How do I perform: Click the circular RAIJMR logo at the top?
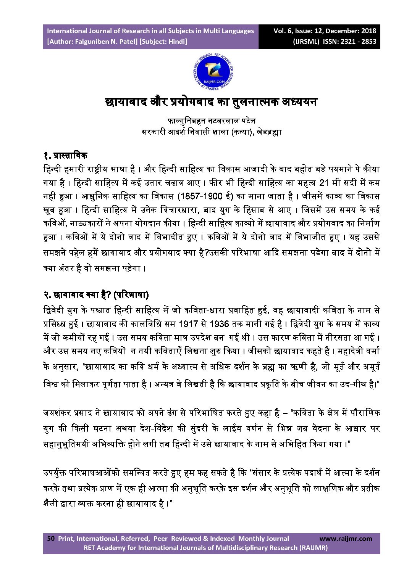point(213,72)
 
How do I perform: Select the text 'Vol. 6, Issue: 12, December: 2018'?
point(325,31)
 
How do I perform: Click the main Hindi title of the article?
point(211,102)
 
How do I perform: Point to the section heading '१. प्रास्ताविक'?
point(65,155)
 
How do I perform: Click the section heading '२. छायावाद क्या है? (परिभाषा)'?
point(95,294)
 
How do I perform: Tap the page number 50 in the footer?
point(51,539)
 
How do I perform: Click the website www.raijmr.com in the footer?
point(345,539)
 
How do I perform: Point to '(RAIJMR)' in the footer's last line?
point(314,548)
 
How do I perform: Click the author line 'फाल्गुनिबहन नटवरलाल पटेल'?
point(211,121)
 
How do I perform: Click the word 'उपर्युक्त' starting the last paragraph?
point(55,473)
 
